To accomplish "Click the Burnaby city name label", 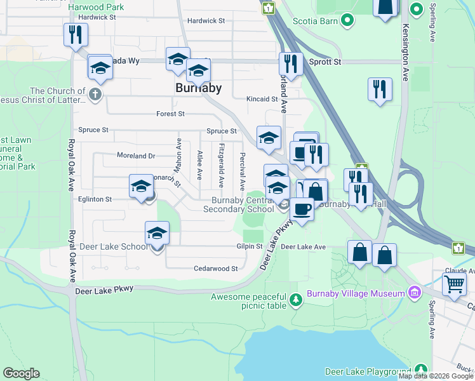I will tap(198, 88).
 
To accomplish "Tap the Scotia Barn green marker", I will tap(347, 21).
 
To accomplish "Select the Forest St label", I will tap(170, 114).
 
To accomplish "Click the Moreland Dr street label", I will tap(136, 156).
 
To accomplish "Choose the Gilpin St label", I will tap(251, 246).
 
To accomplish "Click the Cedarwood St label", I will tap(216, 269).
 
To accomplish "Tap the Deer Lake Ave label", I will tap(303, 246).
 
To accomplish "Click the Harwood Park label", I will tap(97, 7).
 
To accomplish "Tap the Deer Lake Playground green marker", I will tap(420, 370).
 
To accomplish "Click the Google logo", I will tap(21, 373).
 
